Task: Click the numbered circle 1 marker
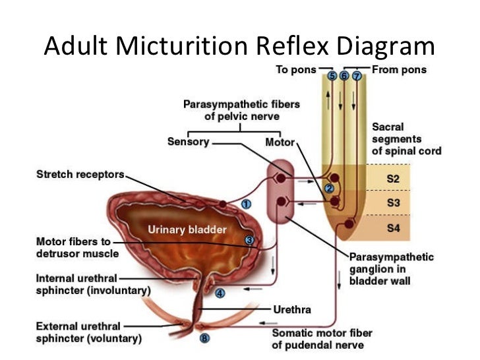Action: click(245, 204)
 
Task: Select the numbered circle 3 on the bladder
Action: click(249, 240)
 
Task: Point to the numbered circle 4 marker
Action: click(220, 293)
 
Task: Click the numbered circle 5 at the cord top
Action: click(332, 76)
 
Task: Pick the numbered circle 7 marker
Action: click(357, 76)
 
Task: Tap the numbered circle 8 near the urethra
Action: click(204, 339)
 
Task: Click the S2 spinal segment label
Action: click(392, 179)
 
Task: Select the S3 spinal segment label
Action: click(392, 203)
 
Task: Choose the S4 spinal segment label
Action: click(392, 228)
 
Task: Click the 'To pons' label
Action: click(295, 70)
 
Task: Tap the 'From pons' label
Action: click(400, 70)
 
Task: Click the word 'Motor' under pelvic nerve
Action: click(280, 142)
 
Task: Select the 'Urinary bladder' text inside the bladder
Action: click(186, 229)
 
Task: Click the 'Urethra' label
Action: click(291, 309)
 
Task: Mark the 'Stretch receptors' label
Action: click(80, 175)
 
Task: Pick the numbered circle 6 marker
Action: click(344, 76)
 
